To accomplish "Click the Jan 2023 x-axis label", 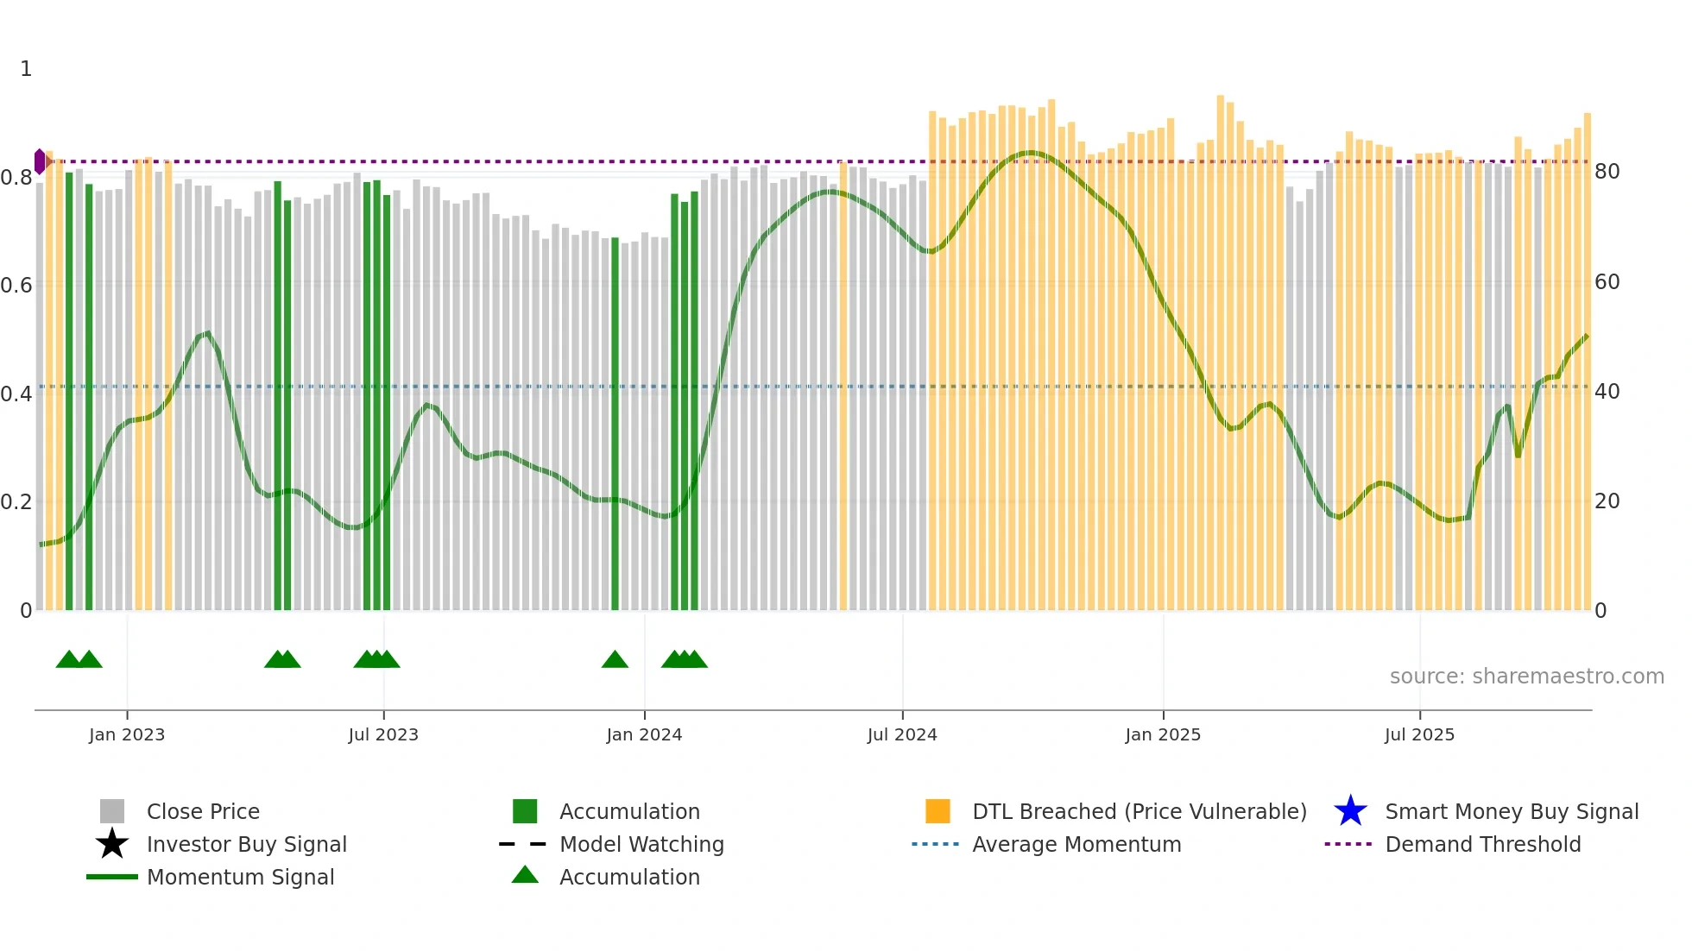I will [x=127, y=734].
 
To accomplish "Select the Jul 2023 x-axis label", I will [x=383, y=734].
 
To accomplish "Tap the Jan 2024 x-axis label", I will [x=644, y=734].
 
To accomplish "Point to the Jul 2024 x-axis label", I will [x=902, y=734].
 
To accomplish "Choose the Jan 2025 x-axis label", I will [x=1163, y=734].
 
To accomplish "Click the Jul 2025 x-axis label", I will [x=1419, y=734].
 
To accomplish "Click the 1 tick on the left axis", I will [x=26, y=69].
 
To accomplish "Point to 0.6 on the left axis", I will [x=16, y=285].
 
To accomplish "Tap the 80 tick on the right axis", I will [x=1607, y=172].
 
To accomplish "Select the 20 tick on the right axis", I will [x=1607, y=501].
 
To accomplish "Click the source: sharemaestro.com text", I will [x=1526, y=677].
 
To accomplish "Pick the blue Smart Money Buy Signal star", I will [x=1350, y=811].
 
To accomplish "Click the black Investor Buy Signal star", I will [x=112, y=844].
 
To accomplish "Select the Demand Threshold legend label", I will [x=1482, y=844].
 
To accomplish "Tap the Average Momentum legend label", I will [x=1076, y=844].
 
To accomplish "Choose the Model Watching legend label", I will [x=641, y=844].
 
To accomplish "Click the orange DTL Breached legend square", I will [x=938, y=811].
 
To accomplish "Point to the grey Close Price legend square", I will [x=112, y=811].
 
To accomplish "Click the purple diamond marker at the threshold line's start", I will [x=40, y=161].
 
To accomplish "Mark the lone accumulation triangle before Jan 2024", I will [x=615, y=660].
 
